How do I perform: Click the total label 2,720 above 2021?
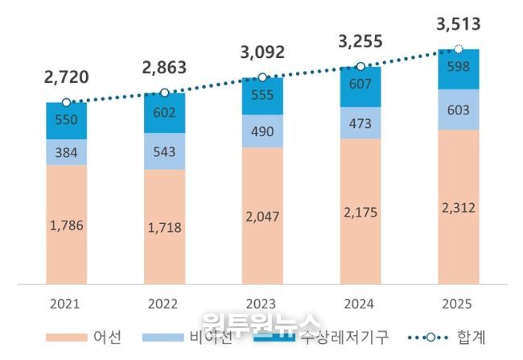click(68, 78)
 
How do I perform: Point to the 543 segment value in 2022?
click(164, 151)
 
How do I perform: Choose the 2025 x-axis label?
click(458, 305)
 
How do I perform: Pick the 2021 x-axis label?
click(66, 305)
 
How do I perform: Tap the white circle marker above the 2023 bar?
click(261, 77)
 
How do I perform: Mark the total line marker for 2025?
click(459, 49)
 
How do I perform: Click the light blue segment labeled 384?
click(66, 152)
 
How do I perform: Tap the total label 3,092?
click(262, 54)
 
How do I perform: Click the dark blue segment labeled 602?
click(164, 114)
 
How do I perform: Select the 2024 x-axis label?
click(360, 305)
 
